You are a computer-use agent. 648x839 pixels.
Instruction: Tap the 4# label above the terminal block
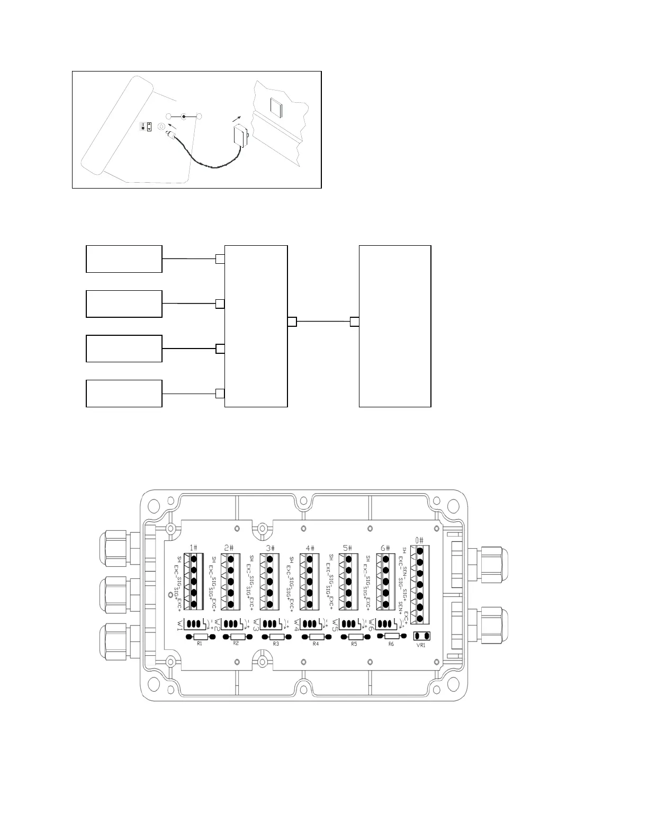point(310,548)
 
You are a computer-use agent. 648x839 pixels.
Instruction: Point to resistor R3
point(276,637)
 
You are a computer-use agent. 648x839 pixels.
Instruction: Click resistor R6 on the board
point(391,636)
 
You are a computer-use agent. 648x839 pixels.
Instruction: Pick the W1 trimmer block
point(196,623)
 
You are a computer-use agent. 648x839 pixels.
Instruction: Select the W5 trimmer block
point(349,623)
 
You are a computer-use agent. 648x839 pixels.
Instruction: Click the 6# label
point(385,548)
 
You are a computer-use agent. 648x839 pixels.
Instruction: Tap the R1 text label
point(200,644)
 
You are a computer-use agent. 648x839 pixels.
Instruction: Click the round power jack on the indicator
point(161,127)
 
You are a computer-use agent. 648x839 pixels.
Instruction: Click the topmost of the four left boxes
point(124,259)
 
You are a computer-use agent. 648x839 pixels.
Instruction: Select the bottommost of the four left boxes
point(124,394)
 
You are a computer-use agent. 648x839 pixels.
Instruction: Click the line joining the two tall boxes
point(323,322)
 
